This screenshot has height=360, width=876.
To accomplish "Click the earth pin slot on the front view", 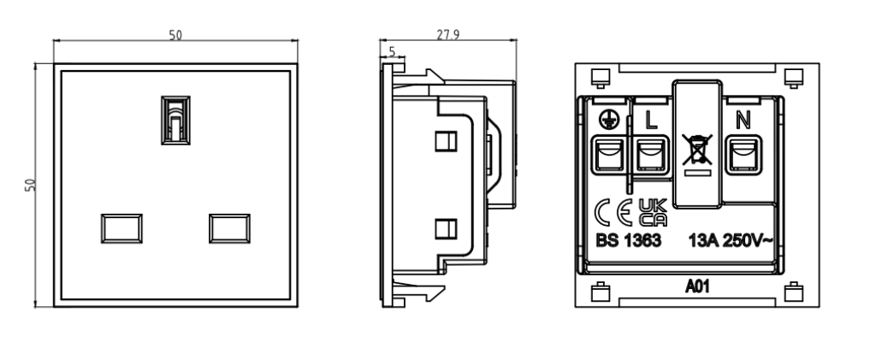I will [x=175, y=120].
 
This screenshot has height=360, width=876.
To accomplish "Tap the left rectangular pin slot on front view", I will [x=120, y=227].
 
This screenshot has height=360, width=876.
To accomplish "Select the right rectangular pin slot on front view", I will [x=229, y=227].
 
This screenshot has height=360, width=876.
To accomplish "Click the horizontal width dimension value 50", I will [x=175, y=35].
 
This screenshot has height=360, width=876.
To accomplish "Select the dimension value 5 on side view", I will [x=393, y=52].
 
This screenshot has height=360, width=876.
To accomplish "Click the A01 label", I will [x=695, y=287].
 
